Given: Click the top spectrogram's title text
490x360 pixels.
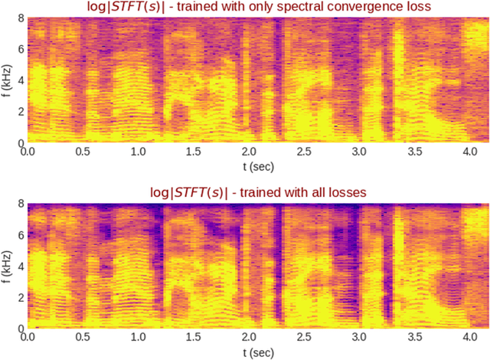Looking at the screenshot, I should click(259, 8).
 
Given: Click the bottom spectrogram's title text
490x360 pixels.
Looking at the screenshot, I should click(259, 191).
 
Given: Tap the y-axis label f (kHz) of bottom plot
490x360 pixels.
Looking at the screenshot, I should click(6, 264).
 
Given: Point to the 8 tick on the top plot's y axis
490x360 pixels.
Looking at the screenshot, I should click(20, 19).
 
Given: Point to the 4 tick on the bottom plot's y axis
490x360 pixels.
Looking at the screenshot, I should click(20, 265).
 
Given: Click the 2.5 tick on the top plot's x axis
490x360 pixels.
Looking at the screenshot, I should click(305, 152).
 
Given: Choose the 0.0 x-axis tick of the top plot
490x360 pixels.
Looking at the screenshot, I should click(28, 152).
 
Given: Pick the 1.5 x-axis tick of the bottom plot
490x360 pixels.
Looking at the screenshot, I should click(194, 335).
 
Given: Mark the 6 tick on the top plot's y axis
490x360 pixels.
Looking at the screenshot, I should click(20, 50).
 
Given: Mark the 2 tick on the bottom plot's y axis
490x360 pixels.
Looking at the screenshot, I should click(20, 296).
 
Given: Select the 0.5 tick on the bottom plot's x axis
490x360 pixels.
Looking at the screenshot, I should click(83, 335).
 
